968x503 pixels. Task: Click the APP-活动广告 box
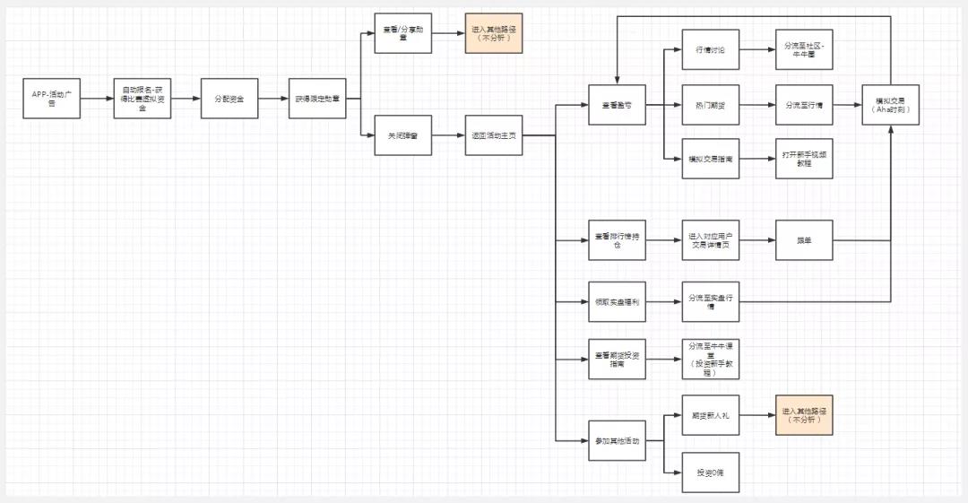51,99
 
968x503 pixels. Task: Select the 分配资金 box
229,99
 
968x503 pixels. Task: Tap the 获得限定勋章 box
316,99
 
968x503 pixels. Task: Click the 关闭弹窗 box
402,135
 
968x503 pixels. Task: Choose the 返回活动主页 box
493,135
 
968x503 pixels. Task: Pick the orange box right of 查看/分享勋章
493,33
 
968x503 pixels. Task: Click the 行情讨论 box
710,49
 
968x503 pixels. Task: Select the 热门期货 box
710,105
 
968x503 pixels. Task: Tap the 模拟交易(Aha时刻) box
890,105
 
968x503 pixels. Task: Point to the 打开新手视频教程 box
804,159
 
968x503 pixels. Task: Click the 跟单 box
804,240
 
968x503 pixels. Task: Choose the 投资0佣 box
710,473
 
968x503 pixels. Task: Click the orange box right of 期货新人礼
804,415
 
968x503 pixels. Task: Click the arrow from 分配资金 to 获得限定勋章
272,99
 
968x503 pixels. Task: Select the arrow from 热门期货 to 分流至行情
757,105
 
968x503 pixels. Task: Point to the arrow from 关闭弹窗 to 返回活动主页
448,135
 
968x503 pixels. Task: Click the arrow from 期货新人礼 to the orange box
757,415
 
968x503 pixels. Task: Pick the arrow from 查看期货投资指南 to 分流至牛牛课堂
663,360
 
